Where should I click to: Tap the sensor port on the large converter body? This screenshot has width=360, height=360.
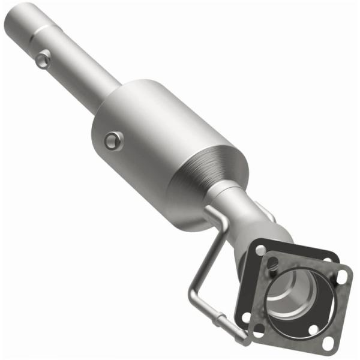113,141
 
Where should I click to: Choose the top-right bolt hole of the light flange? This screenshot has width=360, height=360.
342,275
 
